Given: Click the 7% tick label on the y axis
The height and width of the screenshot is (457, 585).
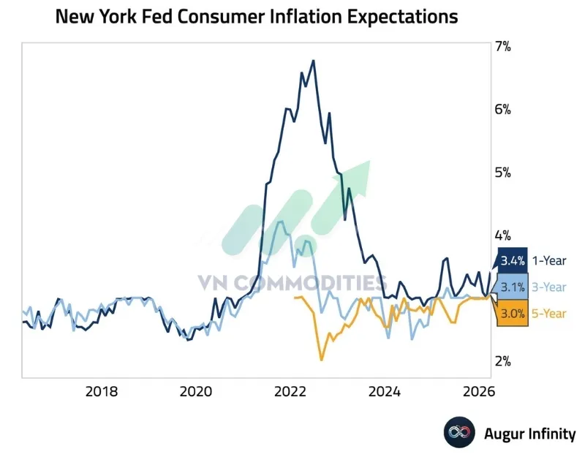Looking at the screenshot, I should (503, 46).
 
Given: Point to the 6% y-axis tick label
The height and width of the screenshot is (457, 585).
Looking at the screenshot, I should (503, 109).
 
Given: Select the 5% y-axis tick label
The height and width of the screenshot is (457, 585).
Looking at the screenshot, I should (503, 173).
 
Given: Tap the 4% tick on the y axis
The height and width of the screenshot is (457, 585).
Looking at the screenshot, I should (503, 235).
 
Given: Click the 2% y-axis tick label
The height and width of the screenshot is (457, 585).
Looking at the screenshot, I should (503, 361).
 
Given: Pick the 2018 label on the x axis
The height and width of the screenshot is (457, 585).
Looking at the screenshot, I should (102, 391).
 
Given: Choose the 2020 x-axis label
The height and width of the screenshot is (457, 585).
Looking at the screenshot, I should (196, 391).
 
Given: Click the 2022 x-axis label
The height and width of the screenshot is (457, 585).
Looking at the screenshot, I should (290, 391).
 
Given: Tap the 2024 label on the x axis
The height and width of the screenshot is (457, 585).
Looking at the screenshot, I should (385, 391).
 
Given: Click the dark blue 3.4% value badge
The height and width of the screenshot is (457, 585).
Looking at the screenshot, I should (512, 260).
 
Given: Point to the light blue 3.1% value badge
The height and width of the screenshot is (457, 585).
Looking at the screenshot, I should (512, 287).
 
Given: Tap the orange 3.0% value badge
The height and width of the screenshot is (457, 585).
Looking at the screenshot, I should (512, 314).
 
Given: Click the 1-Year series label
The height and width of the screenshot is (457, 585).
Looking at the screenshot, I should (549, 260).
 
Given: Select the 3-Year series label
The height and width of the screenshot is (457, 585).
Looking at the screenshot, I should (549, 287).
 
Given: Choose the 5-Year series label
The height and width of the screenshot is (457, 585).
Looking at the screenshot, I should (549, 314).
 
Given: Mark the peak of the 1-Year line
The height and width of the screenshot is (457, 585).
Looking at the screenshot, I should (314, 60).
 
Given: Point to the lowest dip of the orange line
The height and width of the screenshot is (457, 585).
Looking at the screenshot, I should (321, 360).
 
